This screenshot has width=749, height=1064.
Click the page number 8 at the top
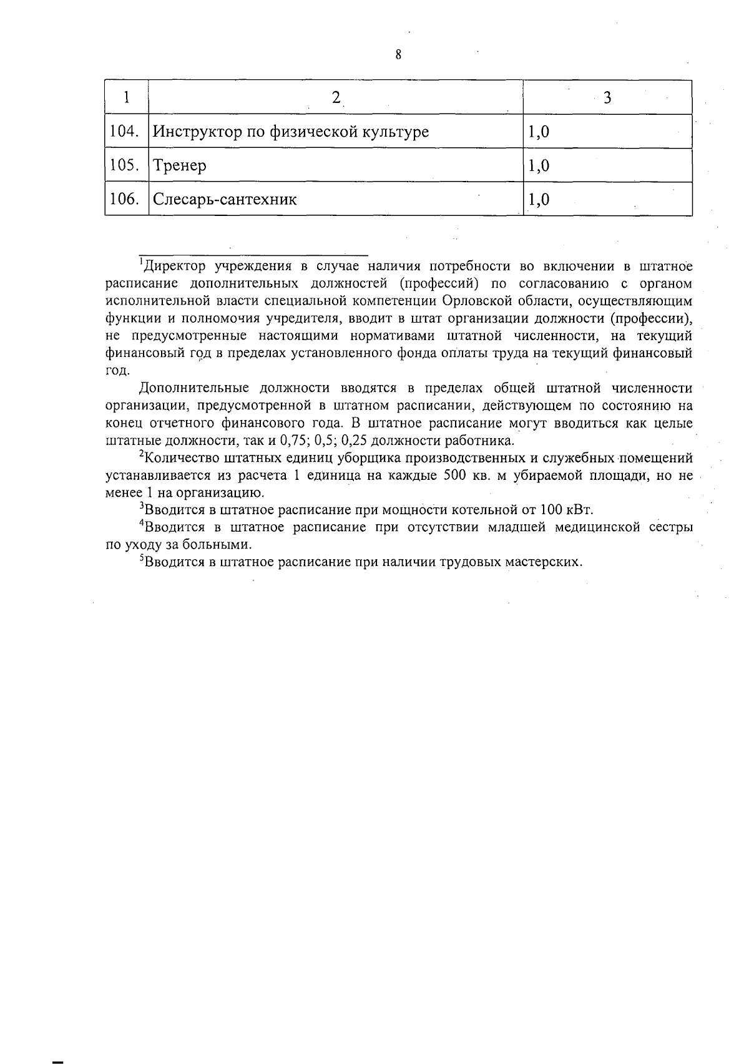click(x=398, y=55)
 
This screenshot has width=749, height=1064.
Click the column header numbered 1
click(x=127, y=97)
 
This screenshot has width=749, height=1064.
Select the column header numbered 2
click(x=336, y=97)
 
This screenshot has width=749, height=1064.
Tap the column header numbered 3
click(x=607, y=97)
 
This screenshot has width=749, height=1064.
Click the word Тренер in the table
click(x=180, y=166)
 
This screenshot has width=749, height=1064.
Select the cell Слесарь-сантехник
click(x=225, y=200)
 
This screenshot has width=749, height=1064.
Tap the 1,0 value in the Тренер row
click(x=539, y=166)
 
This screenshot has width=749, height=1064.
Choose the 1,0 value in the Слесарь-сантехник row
click(x=539, y=200)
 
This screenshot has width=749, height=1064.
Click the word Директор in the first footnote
click(x=174, y=266)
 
